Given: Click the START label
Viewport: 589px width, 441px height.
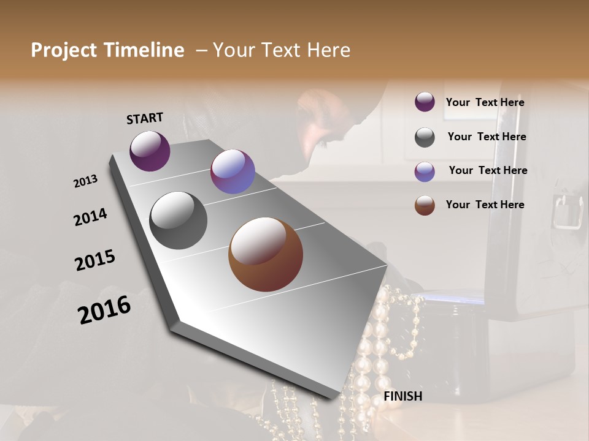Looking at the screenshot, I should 145,118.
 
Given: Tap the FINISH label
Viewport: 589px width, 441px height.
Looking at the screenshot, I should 402,396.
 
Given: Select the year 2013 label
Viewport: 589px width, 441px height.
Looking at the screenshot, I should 85,181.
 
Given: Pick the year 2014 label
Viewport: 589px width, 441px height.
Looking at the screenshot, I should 90,217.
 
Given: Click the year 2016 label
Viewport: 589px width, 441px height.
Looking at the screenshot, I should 104,310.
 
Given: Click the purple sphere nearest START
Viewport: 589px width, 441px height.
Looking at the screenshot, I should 150,151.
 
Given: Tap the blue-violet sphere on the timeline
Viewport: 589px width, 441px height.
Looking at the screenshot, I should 233,171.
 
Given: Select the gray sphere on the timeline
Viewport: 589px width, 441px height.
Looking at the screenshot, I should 178,221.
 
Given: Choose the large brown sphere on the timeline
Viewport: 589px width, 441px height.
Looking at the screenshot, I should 266,254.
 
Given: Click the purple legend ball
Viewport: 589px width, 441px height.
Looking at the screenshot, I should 425,102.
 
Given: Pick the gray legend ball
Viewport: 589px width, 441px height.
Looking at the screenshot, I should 425,137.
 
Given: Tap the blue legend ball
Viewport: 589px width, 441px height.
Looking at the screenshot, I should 425,171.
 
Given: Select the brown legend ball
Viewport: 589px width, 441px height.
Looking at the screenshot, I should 425,205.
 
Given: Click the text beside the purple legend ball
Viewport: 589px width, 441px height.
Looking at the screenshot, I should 485,103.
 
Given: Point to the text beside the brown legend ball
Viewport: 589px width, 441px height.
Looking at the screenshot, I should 485,205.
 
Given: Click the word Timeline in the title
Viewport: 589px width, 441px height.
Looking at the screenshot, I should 144,50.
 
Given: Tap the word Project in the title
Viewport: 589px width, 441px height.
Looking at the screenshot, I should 64,50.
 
